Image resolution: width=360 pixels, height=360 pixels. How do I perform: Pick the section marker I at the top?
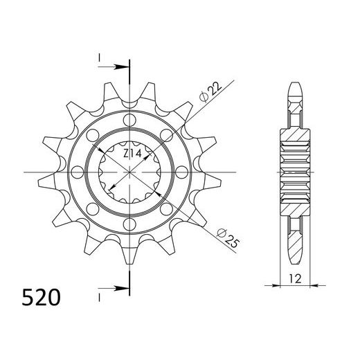coord(100,56)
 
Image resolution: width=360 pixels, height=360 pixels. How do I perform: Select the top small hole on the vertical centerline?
coord(129,120)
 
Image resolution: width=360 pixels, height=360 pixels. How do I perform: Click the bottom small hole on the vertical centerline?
coord(129,224)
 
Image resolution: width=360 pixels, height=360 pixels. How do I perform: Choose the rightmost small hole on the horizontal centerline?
coord(181,172)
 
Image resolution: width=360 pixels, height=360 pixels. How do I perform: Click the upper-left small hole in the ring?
coord(93,135)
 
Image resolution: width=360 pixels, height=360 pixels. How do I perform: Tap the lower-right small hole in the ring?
coord(166,208)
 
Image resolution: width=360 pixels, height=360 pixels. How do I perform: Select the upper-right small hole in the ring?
coord(166,135)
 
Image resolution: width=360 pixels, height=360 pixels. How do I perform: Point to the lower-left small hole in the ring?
coord(93,208)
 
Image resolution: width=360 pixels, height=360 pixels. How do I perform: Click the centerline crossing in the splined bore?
coord(129,172)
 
